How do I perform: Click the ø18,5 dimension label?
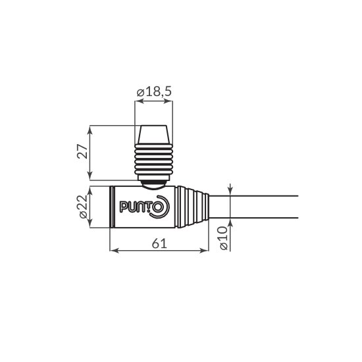154,93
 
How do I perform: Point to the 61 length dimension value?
159,244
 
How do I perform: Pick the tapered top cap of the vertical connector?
154,134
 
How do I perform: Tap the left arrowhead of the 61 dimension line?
113,251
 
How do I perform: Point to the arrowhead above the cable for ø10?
230,191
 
